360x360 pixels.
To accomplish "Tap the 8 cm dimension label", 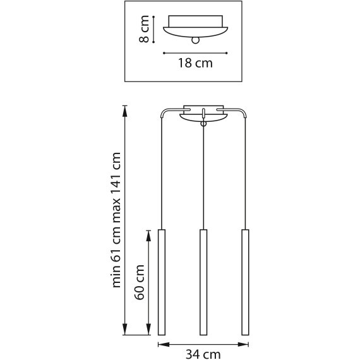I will coord(145,30).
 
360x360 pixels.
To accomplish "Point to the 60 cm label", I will coord(140,282).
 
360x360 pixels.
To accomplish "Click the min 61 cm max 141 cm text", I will coord(116,221).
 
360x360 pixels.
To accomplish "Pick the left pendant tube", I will coord(161,282).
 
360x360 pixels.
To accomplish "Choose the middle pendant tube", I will coord(203,282).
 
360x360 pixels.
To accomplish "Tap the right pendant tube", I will coord(245,282).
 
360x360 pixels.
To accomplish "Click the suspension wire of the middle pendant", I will coord(203,177).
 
